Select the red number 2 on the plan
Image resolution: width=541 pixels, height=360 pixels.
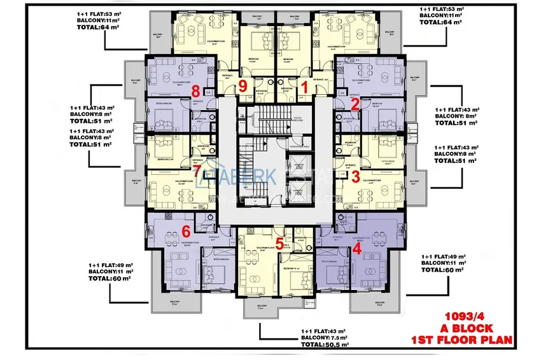[x=356, y=104]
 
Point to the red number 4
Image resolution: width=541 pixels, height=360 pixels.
[x=356, y=250]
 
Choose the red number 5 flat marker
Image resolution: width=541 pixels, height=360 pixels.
[x=279, y=242]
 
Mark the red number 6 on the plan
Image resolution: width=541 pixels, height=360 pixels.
[x=186, y=232]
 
